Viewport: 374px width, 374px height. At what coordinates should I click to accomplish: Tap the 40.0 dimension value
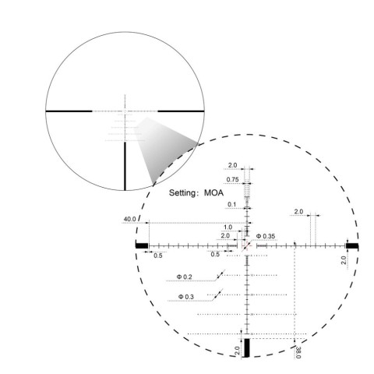(x=129, y=219)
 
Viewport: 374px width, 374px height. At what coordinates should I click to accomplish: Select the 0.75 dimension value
(x=232, y=180)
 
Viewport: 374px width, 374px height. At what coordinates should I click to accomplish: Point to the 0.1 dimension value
(x=231, y=204)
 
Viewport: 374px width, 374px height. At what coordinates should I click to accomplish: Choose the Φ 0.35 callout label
(x=266, y=235)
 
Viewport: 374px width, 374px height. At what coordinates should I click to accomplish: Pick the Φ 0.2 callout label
(x=185, y=277)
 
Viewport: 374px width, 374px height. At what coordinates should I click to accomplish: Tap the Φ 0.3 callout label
(x=185, y=296)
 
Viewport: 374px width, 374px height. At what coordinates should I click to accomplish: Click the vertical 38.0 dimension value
(x=299, y=351)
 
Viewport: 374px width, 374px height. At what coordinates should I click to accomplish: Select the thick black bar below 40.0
(x=141, y=245)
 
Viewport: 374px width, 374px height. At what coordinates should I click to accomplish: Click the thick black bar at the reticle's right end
(x=352, y=245)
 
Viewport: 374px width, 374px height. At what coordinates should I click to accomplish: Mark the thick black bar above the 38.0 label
(x=248, y=348)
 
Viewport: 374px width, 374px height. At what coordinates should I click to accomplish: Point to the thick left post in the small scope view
(x=70, y=111)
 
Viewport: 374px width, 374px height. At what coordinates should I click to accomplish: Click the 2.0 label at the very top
(x=232, y=164)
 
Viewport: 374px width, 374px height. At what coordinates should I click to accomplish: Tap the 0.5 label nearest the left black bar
(x=157, y=255)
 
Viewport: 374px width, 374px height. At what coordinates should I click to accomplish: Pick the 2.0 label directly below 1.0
(x=225, y=235)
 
